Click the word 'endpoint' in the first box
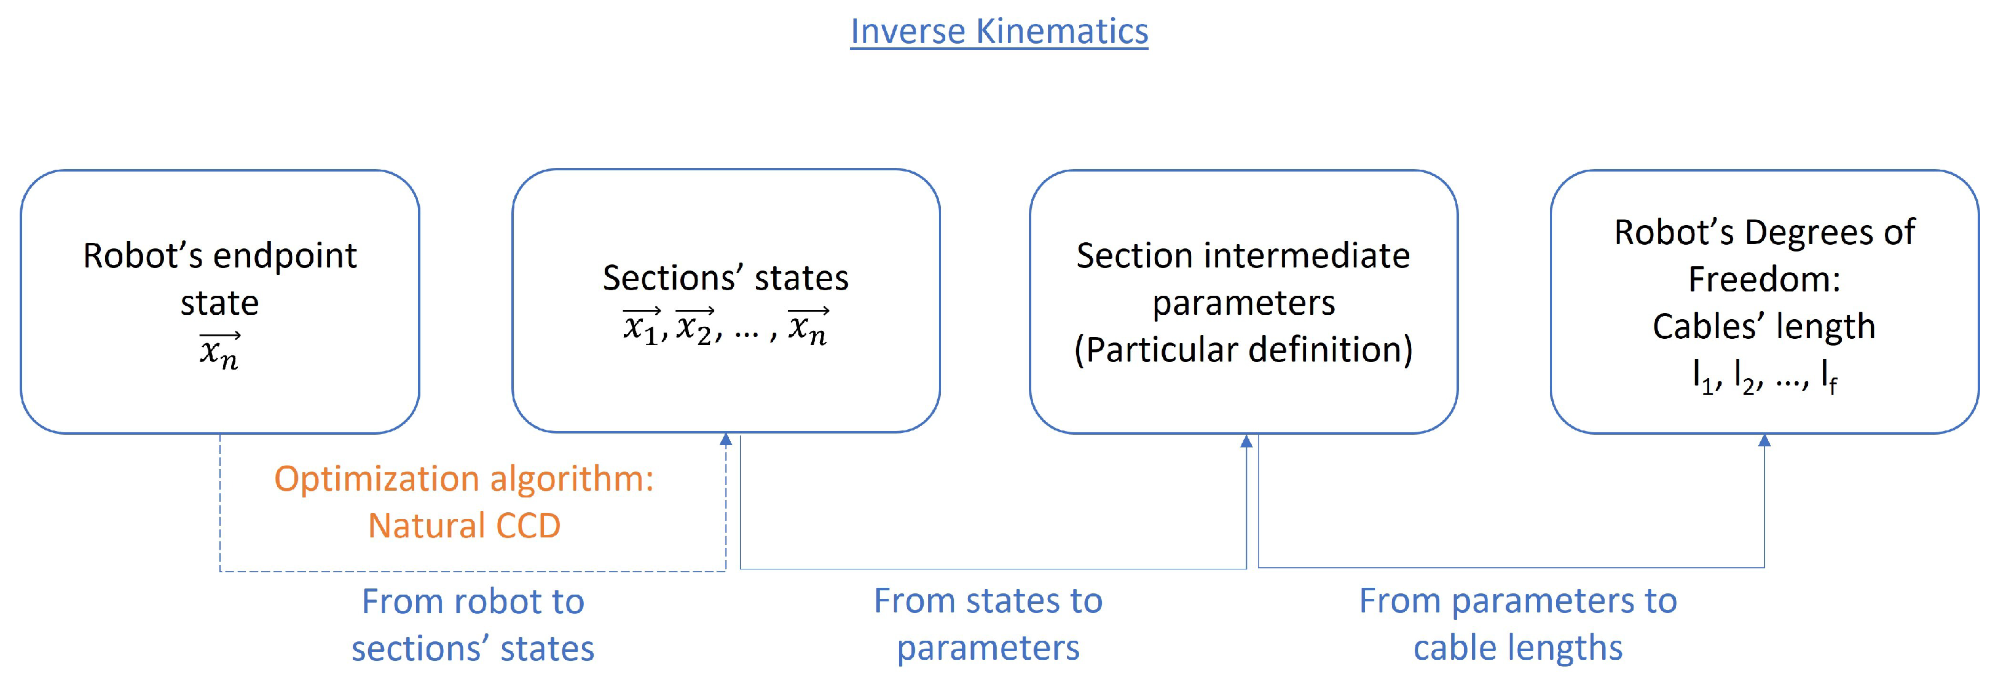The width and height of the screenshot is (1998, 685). pyautogui.click(x=285, y=256)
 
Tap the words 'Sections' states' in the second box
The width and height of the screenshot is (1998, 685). pyautogui.click(x=725, y=278)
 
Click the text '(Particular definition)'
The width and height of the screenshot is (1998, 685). pyautogui.click(x=1243, y=349)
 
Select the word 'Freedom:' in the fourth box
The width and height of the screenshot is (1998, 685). pyautogui.click(x=1764, y=279)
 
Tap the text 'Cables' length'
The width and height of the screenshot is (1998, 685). pyautogui.click(x=1764, y=326)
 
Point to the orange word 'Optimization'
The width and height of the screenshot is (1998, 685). pyautogui.click(x=379, y=478)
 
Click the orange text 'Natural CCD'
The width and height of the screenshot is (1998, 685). pyautogui.click(x=464, y=526)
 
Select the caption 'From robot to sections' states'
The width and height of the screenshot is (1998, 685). pyautogui.click(x=473, y=625)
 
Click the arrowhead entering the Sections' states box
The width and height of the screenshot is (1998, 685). pyautogui.click(x=725, y=440)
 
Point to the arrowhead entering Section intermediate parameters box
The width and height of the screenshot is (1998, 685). pyautogui.click(x=1246, y=441)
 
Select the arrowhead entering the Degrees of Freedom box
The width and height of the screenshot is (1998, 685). pyautogui.click(x=1764, y=441)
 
